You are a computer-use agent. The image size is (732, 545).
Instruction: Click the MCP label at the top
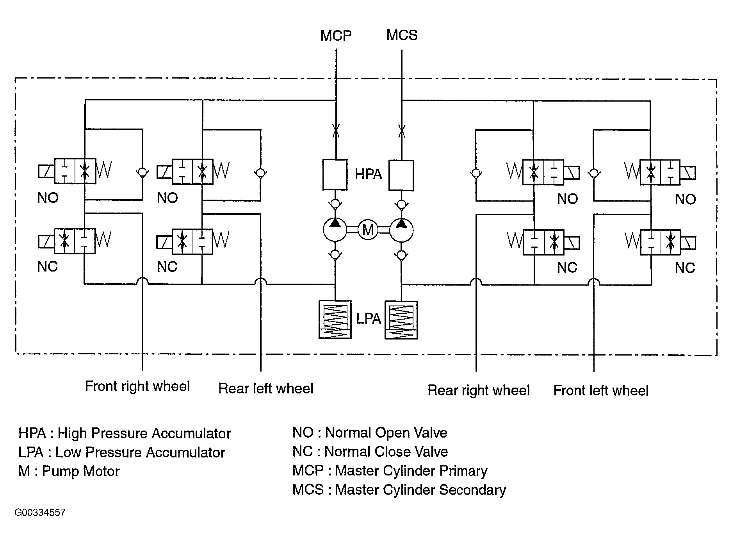coord(336,36)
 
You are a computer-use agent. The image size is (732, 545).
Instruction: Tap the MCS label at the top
coord(402,35)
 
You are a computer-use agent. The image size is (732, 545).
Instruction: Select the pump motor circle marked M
coord(368,230)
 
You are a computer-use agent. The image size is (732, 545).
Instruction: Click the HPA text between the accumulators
coord(368,174)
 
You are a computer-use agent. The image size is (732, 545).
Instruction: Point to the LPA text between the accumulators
coord(369,319)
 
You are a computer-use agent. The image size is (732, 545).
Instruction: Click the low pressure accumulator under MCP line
coord(335,320)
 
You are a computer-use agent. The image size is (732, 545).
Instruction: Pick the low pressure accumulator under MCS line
coord(401,320)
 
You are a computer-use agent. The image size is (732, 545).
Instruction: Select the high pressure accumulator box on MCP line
coord(335,175)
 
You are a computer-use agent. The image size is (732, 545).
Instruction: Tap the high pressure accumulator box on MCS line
coord(401,175)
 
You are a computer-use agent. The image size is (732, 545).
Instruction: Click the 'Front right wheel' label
coord(137,386)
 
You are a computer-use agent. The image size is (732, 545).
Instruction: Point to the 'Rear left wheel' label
coord(266,388)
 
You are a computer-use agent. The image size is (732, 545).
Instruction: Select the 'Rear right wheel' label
coord(479,390)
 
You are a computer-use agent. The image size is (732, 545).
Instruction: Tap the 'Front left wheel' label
coord(601,390)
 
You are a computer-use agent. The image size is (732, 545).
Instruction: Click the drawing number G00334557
coord(40,513)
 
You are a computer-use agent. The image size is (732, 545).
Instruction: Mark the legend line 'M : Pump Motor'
coord(69,471)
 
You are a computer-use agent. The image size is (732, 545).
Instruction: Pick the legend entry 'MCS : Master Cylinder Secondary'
coord(399,490)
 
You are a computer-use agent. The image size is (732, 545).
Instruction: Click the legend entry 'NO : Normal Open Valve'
coord(370,432)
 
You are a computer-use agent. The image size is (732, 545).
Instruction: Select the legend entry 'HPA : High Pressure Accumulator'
coord(125,433)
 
